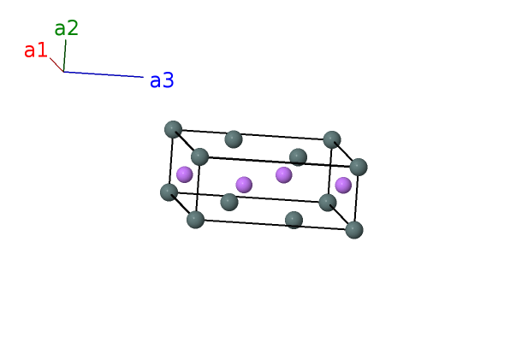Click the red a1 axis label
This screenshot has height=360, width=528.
(35, 50)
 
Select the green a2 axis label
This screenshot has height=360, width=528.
(66, 28)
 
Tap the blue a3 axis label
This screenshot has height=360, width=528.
(162, 81)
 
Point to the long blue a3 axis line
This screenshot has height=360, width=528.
(104, 74)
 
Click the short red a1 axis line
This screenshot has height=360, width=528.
(56, 65)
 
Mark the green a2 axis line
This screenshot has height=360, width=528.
(65, 56)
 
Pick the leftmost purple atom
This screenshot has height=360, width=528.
(185, 174)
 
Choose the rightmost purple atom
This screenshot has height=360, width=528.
(343, 185)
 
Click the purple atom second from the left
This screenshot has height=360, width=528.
(244, 185)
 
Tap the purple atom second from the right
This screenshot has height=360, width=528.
(284, 174)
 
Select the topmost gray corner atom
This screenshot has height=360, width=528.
(174, 129)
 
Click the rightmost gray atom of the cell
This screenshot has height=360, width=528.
(359, 167)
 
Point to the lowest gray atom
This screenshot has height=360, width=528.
(354, 229)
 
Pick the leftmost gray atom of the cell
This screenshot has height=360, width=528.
(169, 192)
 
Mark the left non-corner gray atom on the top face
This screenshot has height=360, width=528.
(234, 139)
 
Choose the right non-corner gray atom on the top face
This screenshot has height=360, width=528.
(298, 156)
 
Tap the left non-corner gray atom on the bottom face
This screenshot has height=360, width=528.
(229, 202)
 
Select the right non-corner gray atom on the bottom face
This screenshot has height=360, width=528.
(294, 220)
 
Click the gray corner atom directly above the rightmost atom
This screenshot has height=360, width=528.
(332, 139)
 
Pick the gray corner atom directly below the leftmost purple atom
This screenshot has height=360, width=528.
(196, 219)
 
